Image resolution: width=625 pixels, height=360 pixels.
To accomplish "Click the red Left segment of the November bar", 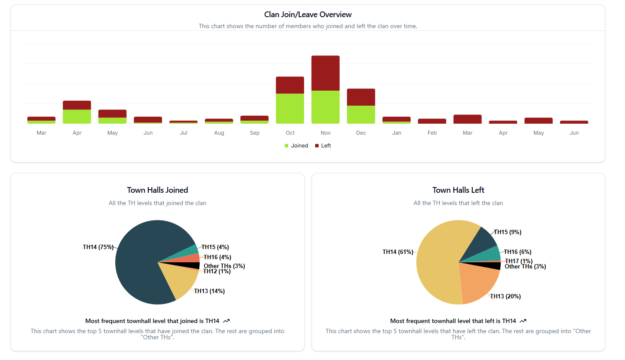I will [325, 73].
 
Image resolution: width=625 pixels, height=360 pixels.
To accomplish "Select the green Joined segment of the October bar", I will [290, 108].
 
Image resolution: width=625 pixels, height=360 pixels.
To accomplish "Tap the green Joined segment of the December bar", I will [361, 114].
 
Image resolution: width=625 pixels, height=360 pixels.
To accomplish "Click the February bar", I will [432, 121].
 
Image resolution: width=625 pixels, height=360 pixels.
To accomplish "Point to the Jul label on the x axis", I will [184, 133].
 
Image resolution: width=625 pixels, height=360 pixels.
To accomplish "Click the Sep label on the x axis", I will [254, 133].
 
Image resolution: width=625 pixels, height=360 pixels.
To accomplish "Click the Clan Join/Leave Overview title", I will [308, 15].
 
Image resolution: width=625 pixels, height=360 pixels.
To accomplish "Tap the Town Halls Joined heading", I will [157, 190].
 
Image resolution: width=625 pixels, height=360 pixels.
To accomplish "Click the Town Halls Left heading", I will [458, 190].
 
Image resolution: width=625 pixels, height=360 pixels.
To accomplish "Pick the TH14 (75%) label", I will [98, 247].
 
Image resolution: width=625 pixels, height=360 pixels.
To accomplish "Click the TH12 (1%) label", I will [217, 272].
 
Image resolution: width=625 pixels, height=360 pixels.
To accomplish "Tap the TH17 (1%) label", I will [518, 261].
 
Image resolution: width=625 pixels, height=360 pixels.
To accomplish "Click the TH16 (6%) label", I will [517, 252].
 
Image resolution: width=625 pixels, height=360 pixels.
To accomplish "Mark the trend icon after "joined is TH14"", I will [227, 321].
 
